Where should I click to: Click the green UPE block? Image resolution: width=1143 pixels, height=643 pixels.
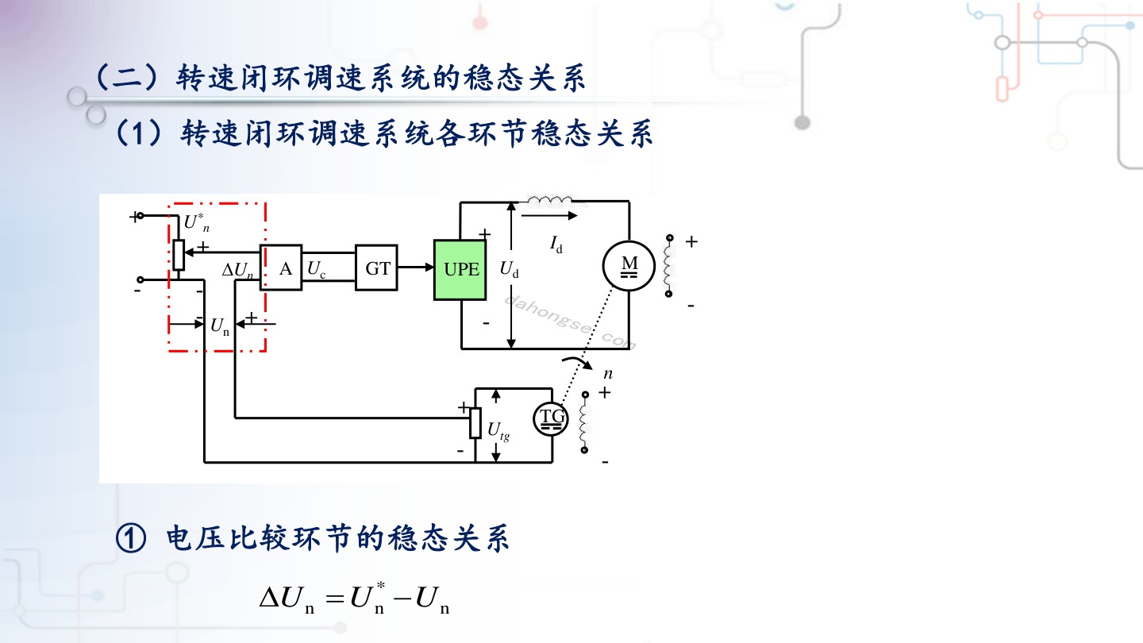tap(460, 269)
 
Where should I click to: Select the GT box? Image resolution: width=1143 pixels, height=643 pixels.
tap(376, 268)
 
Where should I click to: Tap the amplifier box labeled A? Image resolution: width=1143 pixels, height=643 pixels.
tap(281, 268)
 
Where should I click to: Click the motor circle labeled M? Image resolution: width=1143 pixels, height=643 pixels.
tap(629, 266)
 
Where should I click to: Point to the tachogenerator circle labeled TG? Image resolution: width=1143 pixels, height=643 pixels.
tap(551, 419)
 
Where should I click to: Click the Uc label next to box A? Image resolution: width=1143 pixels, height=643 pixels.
tap(317, 269)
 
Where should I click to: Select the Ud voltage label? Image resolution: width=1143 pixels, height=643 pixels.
tap(510, 269)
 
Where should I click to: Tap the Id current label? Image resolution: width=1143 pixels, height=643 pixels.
tap(556, 244)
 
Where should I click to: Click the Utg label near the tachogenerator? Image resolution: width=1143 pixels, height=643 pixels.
tap(498, 431)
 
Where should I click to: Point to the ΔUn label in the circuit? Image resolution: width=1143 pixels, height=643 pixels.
tap(238, 270)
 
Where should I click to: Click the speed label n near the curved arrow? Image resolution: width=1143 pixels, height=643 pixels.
tap(608, 374)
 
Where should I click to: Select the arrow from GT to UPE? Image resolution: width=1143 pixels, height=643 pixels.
tap(416, 267)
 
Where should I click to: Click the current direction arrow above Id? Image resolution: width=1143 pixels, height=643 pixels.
tap(549, 215)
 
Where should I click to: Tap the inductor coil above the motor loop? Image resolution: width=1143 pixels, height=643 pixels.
tap(551, 201)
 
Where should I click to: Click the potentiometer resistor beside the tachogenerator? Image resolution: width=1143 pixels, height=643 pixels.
tap(475, 423)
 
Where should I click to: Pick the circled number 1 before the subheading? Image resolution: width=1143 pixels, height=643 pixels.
tap(131, 538)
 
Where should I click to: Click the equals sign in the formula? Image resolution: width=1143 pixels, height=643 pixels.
tap(335, 598)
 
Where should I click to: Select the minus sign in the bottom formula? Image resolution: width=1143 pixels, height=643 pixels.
tap(402, 597)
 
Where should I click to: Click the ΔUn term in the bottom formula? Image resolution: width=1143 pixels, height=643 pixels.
tap(287, 599)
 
